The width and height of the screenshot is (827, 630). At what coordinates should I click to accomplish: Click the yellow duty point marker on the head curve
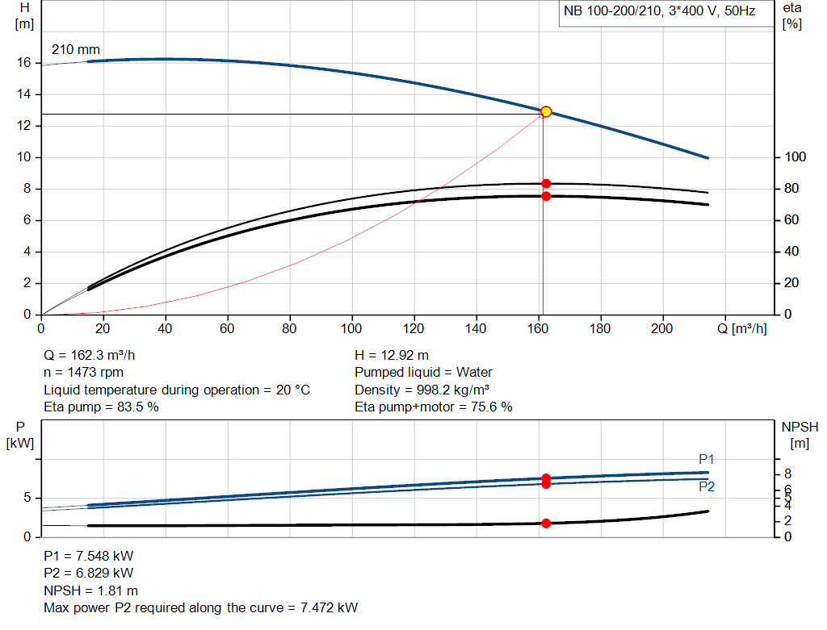(x=546, y=111)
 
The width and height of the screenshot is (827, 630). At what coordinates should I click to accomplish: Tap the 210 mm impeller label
(x=76, y=50)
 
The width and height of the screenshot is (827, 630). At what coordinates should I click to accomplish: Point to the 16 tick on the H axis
(x=24, y=62)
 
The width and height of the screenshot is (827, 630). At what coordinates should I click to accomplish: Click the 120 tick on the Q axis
(x=414, y=329)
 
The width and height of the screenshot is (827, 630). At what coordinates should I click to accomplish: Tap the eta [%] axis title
(x=791, y=15)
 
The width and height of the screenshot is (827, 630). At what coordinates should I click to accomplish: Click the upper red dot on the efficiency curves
(x=546, y=184)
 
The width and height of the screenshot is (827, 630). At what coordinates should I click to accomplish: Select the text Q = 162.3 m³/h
(x=95, y=355)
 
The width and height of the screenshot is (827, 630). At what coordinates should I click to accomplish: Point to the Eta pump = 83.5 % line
(x=101, y=407)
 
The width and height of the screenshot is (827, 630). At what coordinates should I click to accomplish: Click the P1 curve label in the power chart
(x=707, y=459)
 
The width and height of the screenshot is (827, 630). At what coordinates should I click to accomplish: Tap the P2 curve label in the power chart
(x=707, y=487)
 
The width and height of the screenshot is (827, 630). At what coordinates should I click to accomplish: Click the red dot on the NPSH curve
(x=546, y=524)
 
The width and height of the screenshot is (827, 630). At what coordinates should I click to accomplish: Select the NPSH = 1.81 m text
(x=90, y=590)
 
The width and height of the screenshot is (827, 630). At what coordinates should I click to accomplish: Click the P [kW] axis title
(x=21, y=434)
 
